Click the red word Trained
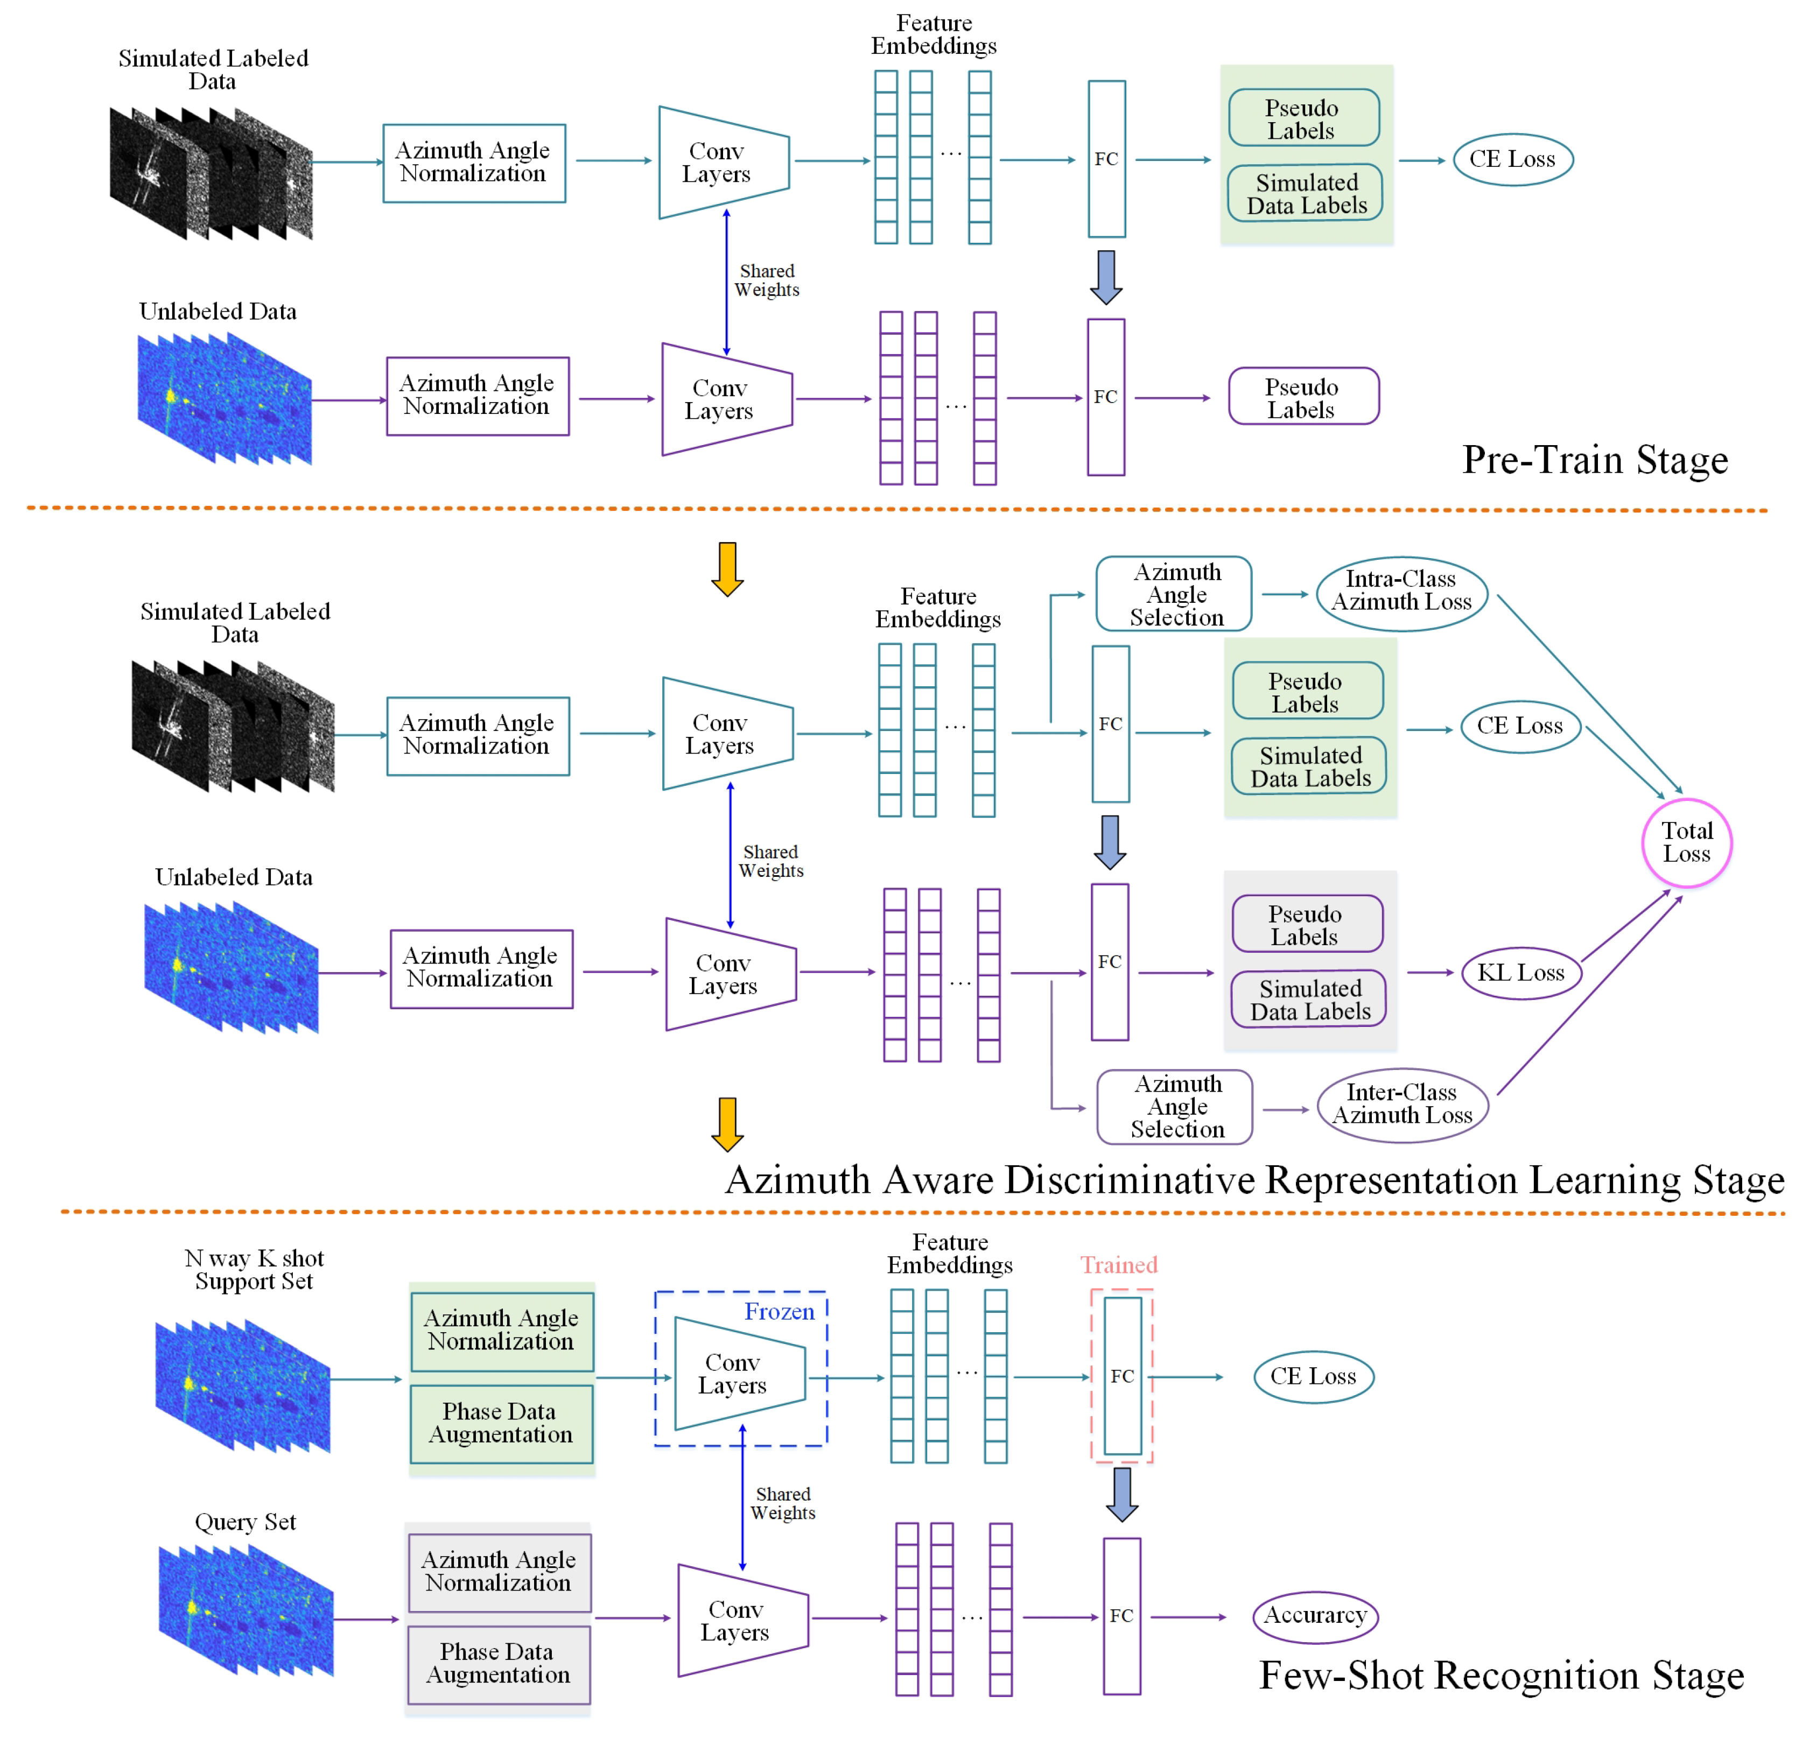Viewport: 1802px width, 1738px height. pyautogui.click(x=1118, y=1265)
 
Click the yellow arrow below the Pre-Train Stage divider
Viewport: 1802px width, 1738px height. pyautogui.click(x=727, y=568)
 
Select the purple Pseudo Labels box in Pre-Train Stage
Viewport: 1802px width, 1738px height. pyautogui.click(x=1303, y=397)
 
